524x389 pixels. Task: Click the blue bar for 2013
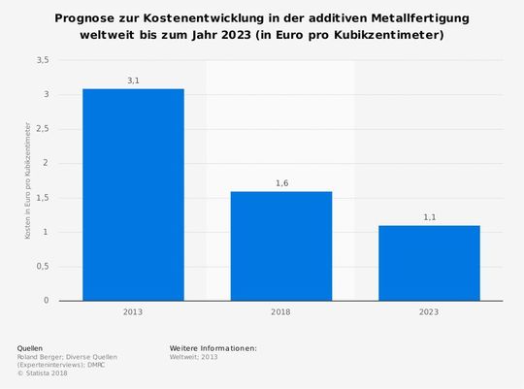(x=133, y=195)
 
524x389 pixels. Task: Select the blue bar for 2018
(x=280, y=246)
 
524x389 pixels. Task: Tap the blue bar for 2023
(x=429, y=263)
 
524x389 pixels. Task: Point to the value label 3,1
(x=133, y=81)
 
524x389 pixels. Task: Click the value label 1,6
(x=280, y=183)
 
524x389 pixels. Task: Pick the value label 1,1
(x=429, y=217)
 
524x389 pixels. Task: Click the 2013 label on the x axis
(x=133, y=312)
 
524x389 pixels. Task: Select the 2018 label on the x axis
(x=280, y=312)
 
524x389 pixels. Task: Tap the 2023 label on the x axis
(x=429, y=312)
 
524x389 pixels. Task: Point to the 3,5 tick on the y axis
(x=42, y=60)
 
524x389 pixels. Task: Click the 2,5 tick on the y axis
(x=42, y=129)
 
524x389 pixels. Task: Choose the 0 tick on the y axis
(x=46, y=301)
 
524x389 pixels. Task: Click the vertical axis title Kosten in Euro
(x=28, y=181)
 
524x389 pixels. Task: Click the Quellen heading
(x=30, y=347)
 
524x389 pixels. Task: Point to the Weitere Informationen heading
(x=213, y=347)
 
